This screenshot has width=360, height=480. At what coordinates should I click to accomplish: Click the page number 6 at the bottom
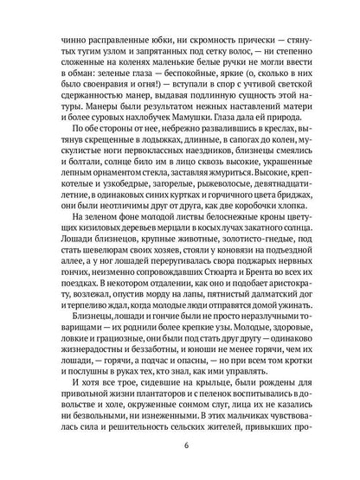pyautogui.click(x=180, y=446)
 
